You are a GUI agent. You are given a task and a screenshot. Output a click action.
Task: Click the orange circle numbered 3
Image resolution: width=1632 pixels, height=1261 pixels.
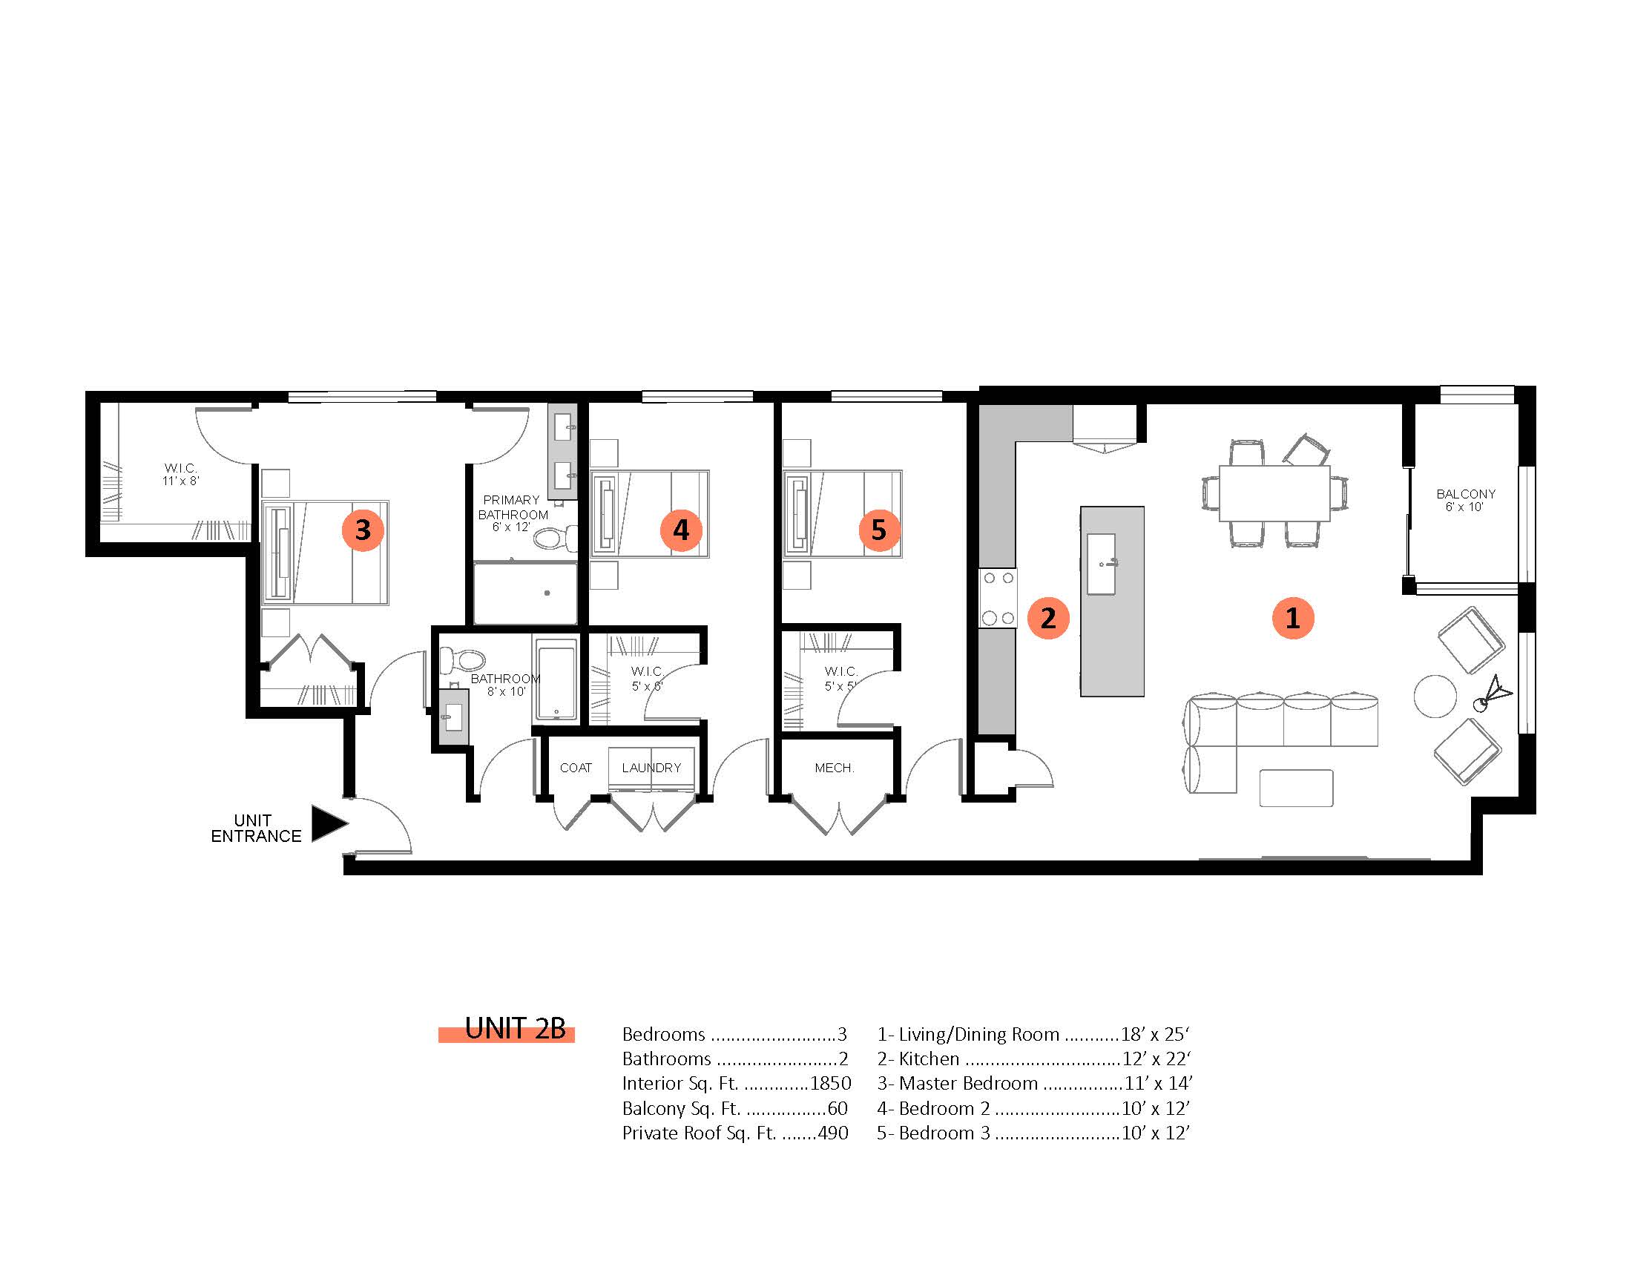tap(363, 530)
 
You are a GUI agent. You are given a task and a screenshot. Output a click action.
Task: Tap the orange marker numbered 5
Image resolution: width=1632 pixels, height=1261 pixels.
tap(879, 530)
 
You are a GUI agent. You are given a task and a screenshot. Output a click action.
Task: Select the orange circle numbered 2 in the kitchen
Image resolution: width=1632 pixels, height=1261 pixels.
tap(1048, 618)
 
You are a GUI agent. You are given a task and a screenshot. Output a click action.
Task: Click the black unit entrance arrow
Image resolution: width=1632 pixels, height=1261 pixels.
tap(329, 824)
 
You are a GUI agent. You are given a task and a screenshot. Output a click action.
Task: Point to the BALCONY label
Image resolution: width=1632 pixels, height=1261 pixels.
tap(1465, 494)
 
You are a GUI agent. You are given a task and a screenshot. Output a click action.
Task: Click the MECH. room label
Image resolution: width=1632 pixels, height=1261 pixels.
tap(834, 768)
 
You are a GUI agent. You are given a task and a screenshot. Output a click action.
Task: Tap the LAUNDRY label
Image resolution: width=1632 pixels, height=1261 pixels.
tap(651, 768)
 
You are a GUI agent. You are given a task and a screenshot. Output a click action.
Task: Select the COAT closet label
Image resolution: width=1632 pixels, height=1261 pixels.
tap(576, 768)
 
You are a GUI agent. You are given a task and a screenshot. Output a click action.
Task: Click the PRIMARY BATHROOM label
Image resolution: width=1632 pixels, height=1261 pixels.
tap(513, 507)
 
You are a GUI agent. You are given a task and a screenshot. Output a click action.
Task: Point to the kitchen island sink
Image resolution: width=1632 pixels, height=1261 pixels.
tap(1101, 564)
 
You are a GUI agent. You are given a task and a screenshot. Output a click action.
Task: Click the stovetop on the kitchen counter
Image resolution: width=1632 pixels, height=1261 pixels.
tap(998, 599)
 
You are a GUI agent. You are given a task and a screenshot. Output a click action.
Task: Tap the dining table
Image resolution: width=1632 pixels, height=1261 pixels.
tap(1274, 493)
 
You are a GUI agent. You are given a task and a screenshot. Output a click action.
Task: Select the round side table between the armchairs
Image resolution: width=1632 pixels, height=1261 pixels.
tap(1435, 697)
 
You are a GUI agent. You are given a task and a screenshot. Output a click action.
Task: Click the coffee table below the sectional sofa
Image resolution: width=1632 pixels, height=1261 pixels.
tap(1296, 788)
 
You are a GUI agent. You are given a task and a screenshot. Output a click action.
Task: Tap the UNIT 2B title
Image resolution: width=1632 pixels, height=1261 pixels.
tap(515, 1029)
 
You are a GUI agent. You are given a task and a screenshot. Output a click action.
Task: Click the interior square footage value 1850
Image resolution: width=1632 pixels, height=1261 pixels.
tap(830, 1083)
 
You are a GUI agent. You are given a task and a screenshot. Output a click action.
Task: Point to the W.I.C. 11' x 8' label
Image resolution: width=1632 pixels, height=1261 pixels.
tap(181, 475)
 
